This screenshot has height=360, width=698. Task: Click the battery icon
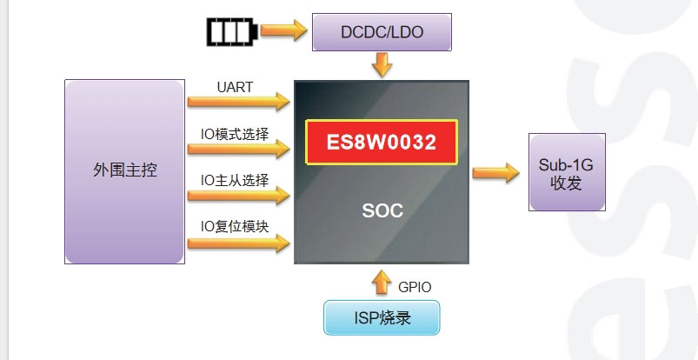tap(230, 32)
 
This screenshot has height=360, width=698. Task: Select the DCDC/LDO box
tap(382, 33)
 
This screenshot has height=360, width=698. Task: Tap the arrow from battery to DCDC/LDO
tap(284, 30)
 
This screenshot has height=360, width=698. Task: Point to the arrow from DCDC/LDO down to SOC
tap(382, 64)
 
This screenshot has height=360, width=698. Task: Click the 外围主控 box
tap(125, 171)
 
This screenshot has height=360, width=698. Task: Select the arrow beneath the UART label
tap(238, 102)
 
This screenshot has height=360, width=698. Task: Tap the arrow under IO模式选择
tap(238, 149)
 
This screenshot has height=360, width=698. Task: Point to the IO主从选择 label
tap(235, 180)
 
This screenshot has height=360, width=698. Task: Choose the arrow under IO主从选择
tap(238, 196)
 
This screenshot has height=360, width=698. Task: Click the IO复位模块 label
tap(235, 226)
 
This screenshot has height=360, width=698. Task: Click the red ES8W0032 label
tap(382, 142)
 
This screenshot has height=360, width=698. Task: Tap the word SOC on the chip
tap(382, 210)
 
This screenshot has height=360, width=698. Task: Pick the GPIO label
tap(415, 286)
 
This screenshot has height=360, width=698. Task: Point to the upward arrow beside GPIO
tap(382, 283)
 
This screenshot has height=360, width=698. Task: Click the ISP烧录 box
tap(382, 318)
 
